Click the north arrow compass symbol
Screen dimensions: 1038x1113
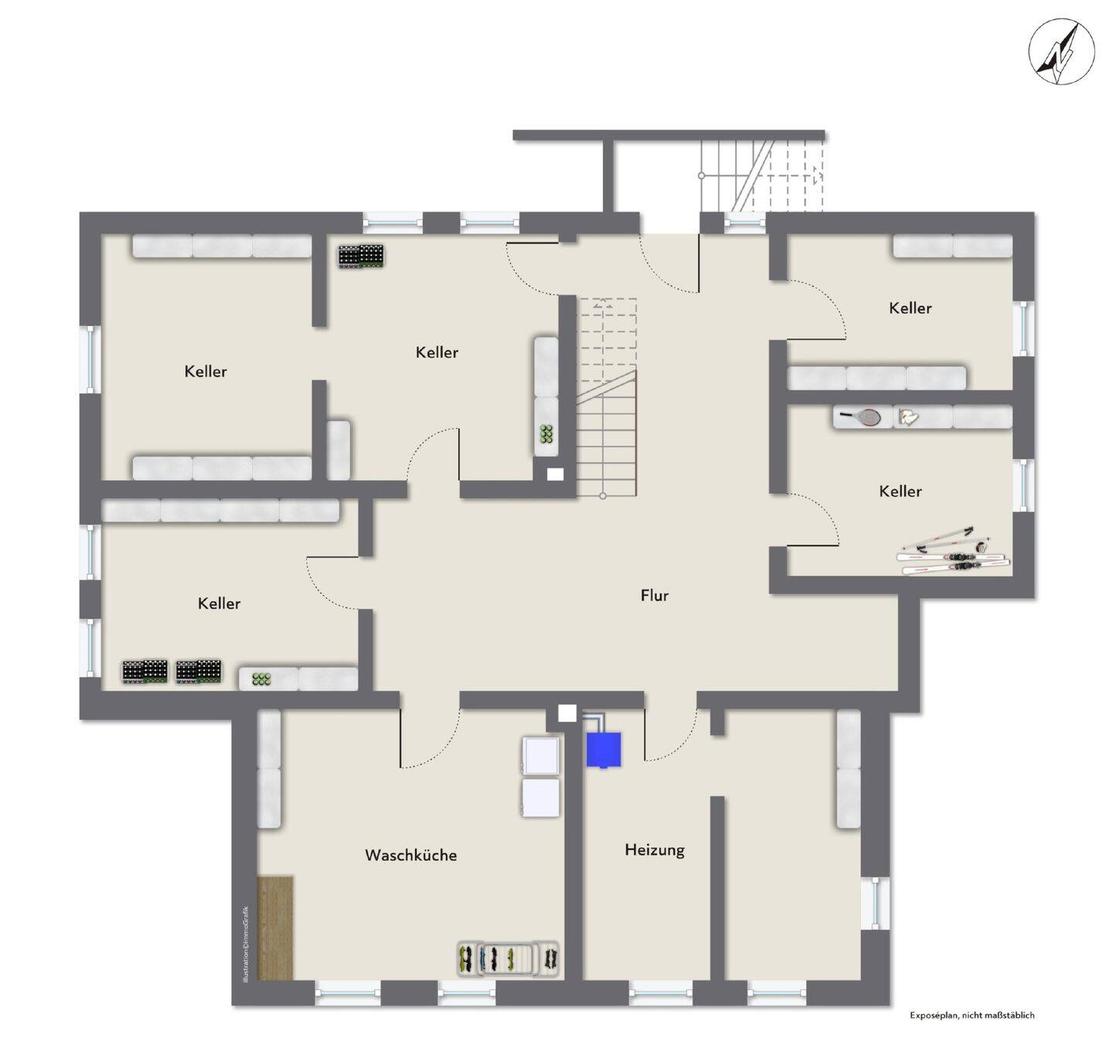pos(1061,52)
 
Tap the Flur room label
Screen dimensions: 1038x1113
pos(654,595)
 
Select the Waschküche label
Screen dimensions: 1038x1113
pos(410,855)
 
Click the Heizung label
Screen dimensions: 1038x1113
pos(655,849)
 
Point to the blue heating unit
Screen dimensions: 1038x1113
pos(603,750)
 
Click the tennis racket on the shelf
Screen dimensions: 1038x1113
pos(860,417)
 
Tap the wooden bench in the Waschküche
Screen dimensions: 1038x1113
pos(275,927)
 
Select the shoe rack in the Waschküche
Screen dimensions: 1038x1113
pos(508,959)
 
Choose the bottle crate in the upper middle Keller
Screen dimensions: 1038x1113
pos(361,256)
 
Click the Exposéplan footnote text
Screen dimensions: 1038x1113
pos(972,1015)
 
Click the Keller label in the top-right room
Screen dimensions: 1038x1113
pos(910,308)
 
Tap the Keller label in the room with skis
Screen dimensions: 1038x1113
pos(900,491)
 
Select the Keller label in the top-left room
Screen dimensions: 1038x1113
pos(206,371)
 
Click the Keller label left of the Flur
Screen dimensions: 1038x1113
pos(219,603)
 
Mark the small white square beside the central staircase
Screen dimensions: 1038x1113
pos(555,475)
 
